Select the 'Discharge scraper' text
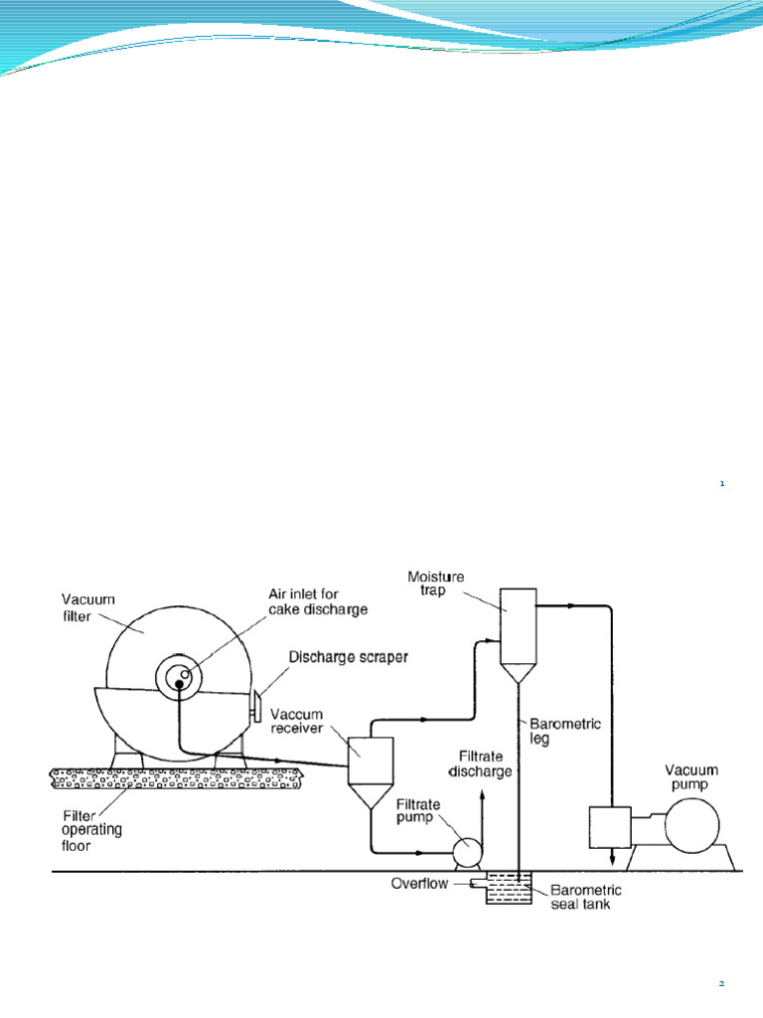point(348,657)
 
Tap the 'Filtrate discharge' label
point(481,762)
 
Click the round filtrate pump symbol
point(463,852)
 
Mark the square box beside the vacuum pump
point(612,827)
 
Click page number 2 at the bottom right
point(722,983)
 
